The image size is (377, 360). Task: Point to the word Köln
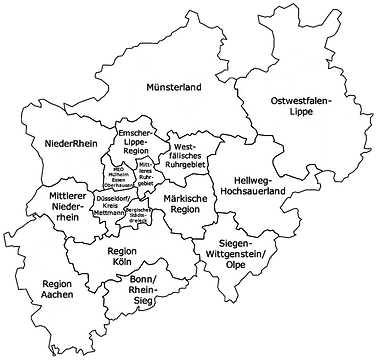(121, 263)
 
